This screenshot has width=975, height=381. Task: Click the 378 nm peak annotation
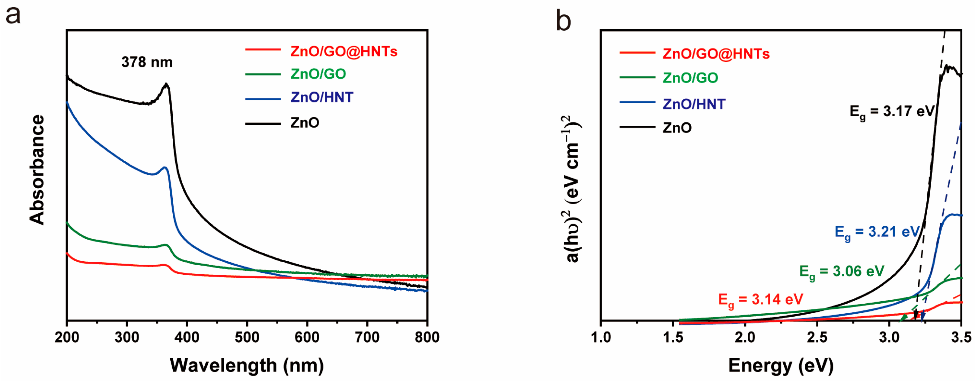[147, 62]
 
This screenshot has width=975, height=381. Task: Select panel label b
[563, 21]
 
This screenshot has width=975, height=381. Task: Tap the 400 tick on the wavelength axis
[187, 337]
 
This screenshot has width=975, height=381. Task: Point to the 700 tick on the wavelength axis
[367, 337]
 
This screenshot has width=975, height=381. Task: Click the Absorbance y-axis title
[37, 170]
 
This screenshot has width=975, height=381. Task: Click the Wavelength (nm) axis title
[247, 366]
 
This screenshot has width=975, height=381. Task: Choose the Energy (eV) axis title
[781, 366]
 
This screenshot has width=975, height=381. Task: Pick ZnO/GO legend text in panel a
[318, 74]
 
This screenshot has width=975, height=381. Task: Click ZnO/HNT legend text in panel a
[322, 97]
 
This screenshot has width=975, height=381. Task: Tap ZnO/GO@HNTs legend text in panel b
[716, 54]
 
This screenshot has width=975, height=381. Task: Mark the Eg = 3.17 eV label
[892, 112]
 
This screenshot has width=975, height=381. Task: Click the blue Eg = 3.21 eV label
[877, 232]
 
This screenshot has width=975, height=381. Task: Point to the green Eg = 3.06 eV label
[841, 272]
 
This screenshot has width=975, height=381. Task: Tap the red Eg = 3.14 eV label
[760, 300]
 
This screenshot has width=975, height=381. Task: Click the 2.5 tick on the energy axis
[817, 337]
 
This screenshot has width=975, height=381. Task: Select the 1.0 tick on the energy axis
[601, 337]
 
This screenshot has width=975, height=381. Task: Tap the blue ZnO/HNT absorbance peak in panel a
[165, 167]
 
